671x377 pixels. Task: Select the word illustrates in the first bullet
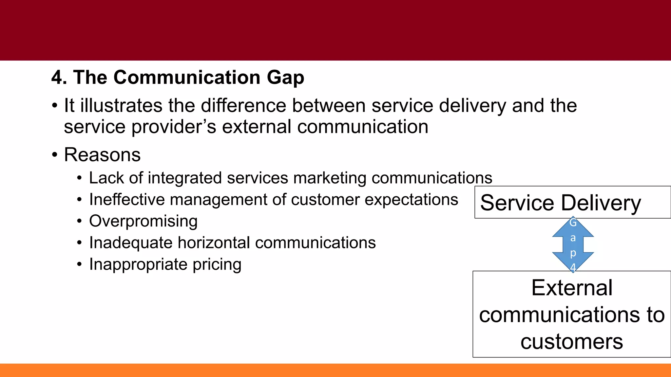pos(121,106)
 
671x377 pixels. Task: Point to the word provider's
pos(174,128)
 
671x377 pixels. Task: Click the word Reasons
pos(102,155)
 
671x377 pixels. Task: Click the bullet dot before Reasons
pos(55,155)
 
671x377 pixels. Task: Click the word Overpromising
pos(143,222)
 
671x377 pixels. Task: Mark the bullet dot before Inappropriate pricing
pos(79,264)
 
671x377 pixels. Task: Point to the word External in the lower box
pos(572,288)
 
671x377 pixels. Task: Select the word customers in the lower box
pos(572,342)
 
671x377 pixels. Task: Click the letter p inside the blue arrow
pos(573,253)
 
